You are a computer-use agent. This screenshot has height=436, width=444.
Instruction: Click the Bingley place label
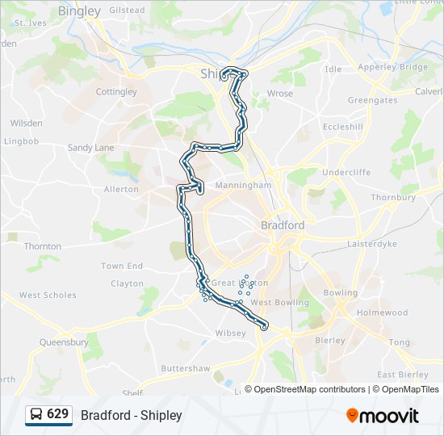(x=80, y=11)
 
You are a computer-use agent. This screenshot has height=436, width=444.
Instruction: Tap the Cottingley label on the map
(x=116, y=92)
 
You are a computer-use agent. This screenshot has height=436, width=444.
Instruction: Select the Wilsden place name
(x=26, y=124)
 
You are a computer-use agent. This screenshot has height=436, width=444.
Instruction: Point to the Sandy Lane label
(x=90, y=148)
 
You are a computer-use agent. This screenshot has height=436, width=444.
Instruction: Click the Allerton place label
(x=121, y=189)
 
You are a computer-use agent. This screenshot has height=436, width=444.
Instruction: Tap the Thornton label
(x=42, y=246)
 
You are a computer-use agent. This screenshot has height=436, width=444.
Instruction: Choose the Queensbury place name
(x=64, y=342)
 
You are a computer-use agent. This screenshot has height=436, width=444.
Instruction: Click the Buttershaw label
(x=185, y=368)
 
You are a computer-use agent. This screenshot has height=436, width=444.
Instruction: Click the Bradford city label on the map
(x=283, y=225)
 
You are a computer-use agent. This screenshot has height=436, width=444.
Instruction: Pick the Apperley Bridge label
(x=392, y=67)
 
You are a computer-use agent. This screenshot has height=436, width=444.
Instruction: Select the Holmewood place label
(x=383, y=312)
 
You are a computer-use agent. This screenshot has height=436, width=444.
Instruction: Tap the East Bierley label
(x=402, y=375)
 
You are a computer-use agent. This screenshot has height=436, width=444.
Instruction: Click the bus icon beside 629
(x=36, y=415)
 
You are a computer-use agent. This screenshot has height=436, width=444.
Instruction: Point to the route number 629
(x=58, y=414)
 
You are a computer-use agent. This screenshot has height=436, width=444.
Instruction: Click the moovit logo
(x=383, y=416)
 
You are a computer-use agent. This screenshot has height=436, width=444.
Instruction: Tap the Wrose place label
(x=279, y=94)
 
